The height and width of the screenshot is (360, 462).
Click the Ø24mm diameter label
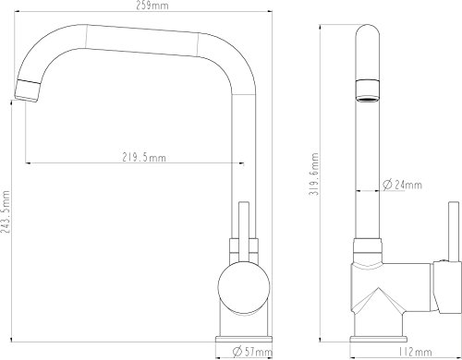click(x=396, y=184)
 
